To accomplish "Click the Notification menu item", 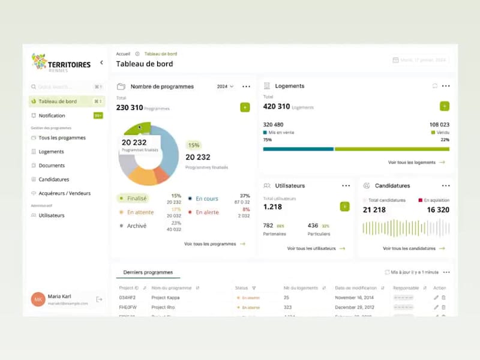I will [x=52, y=116].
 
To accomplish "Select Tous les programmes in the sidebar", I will [x=62, y=138].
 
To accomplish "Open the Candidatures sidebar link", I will [x=53, y=179].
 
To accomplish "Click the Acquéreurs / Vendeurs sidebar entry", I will [x=64, y=193].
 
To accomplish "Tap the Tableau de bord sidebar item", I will [x=58, y=101].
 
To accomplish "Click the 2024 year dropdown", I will [x=225, y=86].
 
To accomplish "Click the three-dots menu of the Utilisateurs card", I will [x=346, y=186].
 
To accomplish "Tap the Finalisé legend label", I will [x=137, y=198].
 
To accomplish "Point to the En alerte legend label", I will [x=207, y=212].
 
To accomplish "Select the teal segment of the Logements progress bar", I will [x=298, y=149].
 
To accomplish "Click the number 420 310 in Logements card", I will [x=277, y=107].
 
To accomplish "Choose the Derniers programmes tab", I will [x=148, y=272].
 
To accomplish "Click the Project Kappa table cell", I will [x=165, y=298].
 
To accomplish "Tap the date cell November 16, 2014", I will [x=355, y=298].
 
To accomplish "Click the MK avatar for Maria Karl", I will [x=38, y=299].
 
